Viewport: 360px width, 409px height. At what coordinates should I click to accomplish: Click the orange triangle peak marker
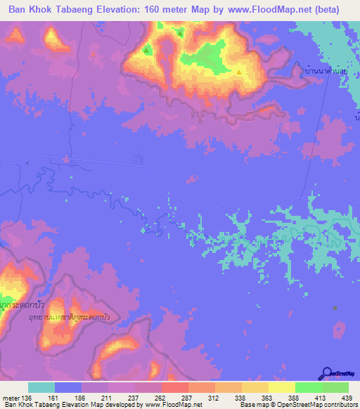(x=239, y=72)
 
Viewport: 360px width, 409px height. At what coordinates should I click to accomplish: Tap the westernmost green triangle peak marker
(x=147, y=50)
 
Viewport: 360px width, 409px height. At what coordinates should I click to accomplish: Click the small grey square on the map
(x=335, y=308)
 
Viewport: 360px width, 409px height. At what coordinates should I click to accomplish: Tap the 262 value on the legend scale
(x=161, y=398)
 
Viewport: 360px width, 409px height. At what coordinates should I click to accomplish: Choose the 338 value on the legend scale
(x=240, y=398)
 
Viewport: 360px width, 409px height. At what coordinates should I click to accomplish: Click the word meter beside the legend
(x=11, y=398)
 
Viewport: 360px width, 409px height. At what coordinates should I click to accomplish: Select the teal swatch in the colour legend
(x=41, y=387)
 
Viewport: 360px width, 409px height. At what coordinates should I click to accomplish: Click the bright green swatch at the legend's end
(x=335, y=387)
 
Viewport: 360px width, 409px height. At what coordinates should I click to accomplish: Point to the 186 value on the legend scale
(x=82, y=398)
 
